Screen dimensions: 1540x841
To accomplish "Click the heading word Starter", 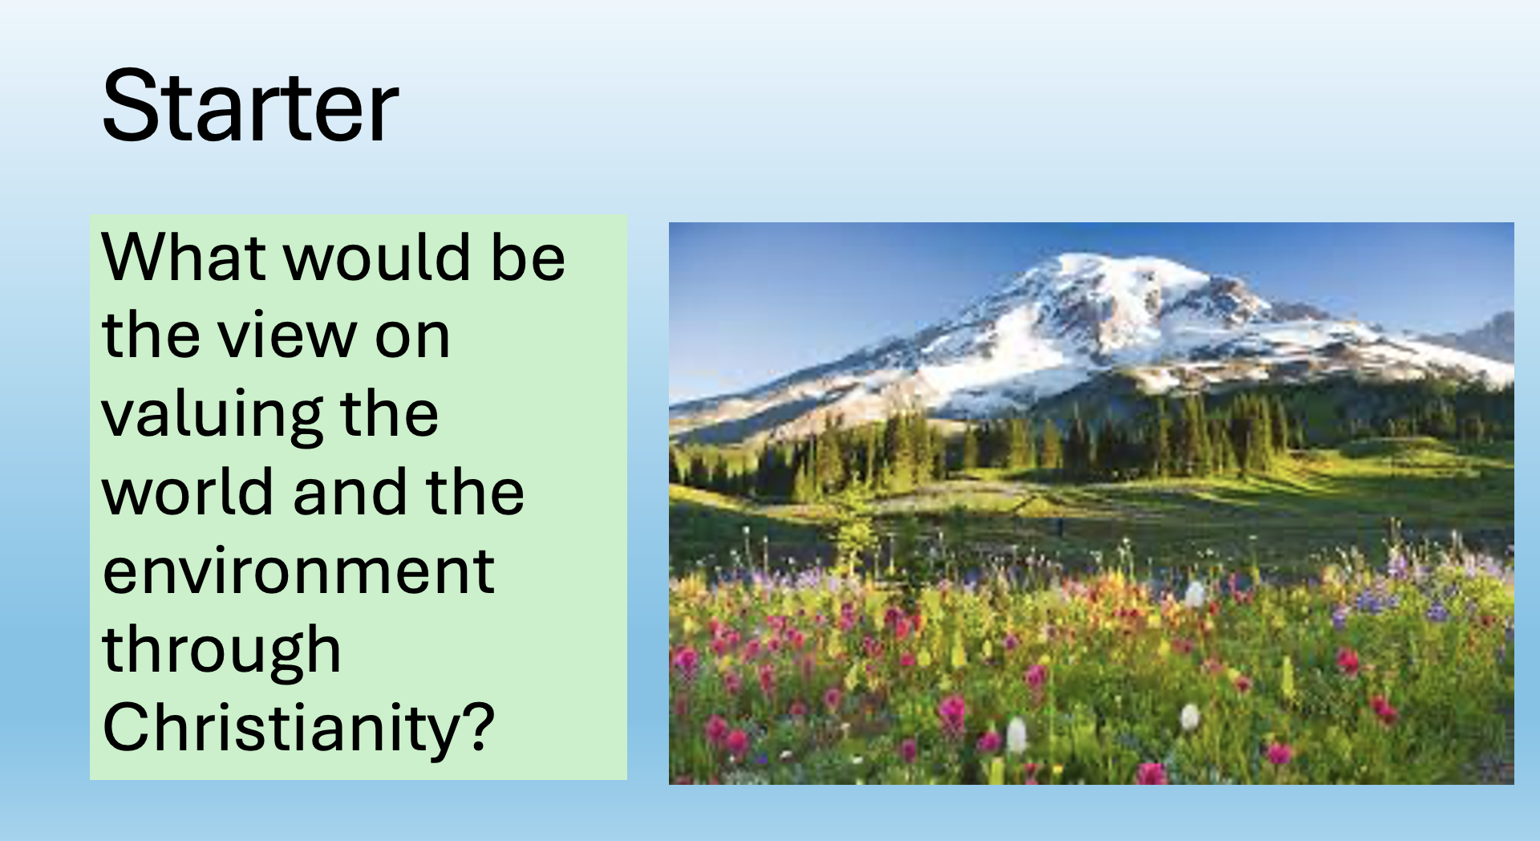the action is [250, 106].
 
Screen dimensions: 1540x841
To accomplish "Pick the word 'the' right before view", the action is [150, 335].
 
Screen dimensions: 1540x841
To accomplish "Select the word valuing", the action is [211, 416].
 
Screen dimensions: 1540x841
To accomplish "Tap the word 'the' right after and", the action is [476, 491].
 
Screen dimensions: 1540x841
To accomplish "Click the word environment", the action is [298, 571].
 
